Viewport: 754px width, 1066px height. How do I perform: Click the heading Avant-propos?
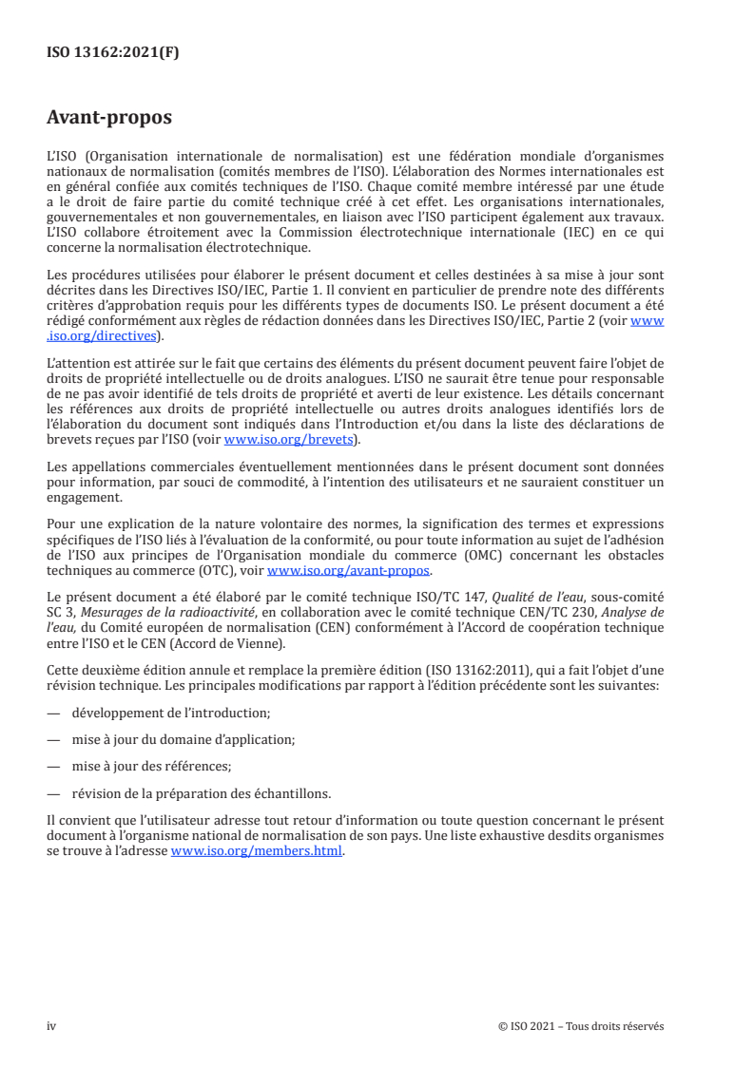[x=109, y=119]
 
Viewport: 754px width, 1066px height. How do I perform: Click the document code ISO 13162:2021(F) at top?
[x=113, y=53]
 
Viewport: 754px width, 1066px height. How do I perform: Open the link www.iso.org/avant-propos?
[x=349, y=571]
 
